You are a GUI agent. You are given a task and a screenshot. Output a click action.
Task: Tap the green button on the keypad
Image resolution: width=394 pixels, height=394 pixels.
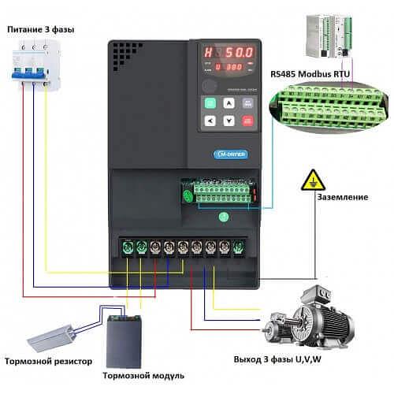tap(210, 103)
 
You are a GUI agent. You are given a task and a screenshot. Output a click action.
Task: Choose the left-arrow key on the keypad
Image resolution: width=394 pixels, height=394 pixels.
tap(210, 121)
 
